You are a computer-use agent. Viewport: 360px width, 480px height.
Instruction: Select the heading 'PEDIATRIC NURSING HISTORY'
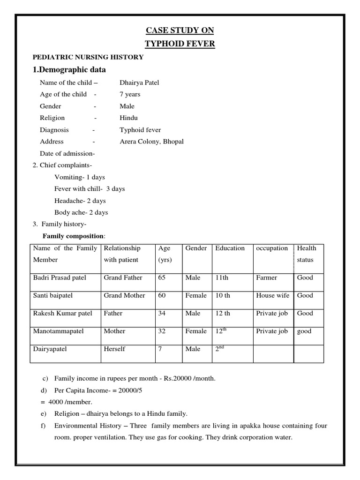tap(88, 57)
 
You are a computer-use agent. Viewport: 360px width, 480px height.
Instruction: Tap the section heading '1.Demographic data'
tap(69, 70)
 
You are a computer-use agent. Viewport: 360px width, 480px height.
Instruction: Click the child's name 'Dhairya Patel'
tap(139, 82)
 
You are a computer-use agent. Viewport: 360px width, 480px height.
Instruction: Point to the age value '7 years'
tap(130, 94)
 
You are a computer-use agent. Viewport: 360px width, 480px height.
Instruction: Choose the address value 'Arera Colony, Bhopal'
tap(151, 141)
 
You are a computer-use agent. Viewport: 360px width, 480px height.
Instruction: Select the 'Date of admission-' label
tap(67, 153)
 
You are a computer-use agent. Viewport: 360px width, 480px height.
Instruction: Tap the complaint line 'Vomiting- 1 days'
tap(80, 177)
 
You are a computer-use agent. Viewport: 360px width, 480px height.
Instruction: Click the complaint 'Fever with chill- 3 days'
tap(90, 189)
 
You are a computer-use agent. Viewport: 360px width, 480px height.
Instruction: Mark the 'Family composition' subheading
tap(74, 236)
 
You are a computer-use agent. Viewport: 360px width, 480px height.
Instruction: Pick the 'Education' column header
tap(230, 248)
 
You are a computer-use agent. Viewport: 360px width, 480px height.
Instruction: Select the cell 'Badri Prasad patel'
tap(60, 277)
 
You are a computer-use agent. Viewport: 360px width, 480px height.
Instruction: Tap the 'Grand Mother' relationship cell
tap(124, 295)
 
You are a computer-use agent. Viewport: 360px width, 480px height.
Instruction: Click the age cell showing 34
tap(162, 313)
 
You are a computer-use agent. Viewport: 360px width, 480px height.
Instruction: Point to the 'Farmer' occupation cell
tap(266, 277)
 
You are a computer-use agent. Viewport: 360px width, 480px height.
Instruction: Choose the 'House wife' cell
tap(272, 295)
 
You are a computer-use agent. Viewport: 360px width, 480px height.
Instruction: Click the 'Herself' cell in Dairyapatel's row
tap(114, 349)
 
